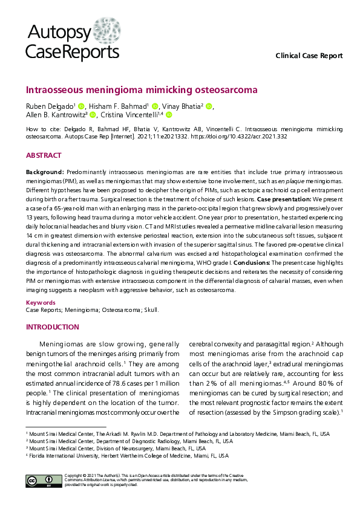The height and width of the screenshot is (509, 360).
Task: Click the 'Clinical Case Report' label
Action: (309, 56)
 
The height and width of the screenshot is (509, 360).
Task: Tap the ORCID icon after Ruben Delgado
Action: (82, 106)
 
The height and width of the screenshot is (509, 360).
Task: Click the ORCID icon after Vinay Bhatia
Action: (209, 106)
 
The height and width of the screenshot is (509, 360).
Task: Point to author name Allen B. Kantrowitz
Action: (55, 114)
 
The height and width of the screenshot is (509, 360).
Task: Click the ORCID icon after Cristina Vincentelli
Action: (169, 114)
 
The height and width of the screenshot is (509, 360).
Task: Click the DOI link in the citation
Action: (245, 137)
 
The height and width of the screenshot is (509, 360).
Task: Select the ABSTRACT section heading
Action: (43, 155)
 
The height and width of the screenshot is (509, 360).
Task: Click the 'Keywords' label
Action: (41, 302)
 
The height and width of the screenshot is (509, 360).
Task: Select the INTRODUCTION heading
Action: (52, 327)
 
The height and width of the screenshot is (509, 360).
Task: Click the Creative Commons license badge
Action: (39, 481)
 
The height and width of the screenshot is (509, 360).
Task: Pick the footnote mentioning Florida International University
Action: (128, 456)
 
